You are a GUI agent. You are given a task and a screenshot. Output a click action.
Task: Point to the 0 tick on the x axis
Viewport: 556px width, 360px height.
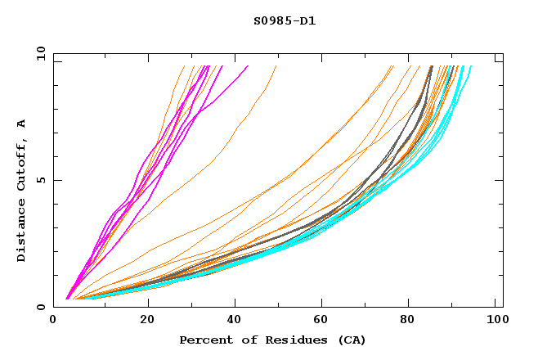click(x=54, y=322)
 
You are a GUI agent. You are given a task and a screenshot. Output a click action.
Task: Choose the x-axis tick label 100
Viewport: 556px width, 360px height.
click(x=493, y=322)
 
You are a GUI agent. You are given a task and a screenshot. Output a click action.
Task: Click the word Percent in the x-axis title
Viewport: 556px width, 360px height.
click(x=204, y=340)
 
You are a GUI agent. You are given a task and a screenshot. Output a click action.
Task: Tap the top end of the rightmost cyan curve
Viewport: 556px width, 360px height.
click(x=471, y=66)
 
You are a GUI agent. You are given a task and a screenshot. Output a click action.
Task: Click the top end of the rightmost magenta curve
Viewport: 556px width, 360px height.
click(x=248, y=66)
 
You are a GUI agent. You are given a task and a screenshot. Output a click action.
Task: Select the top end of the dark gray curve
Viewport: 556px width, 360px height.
click(x=432, y=66)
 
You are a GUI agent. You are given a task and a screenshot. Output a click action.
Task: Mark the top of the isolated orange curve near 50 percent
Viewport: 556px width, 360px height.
click(x=277, y=66)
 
